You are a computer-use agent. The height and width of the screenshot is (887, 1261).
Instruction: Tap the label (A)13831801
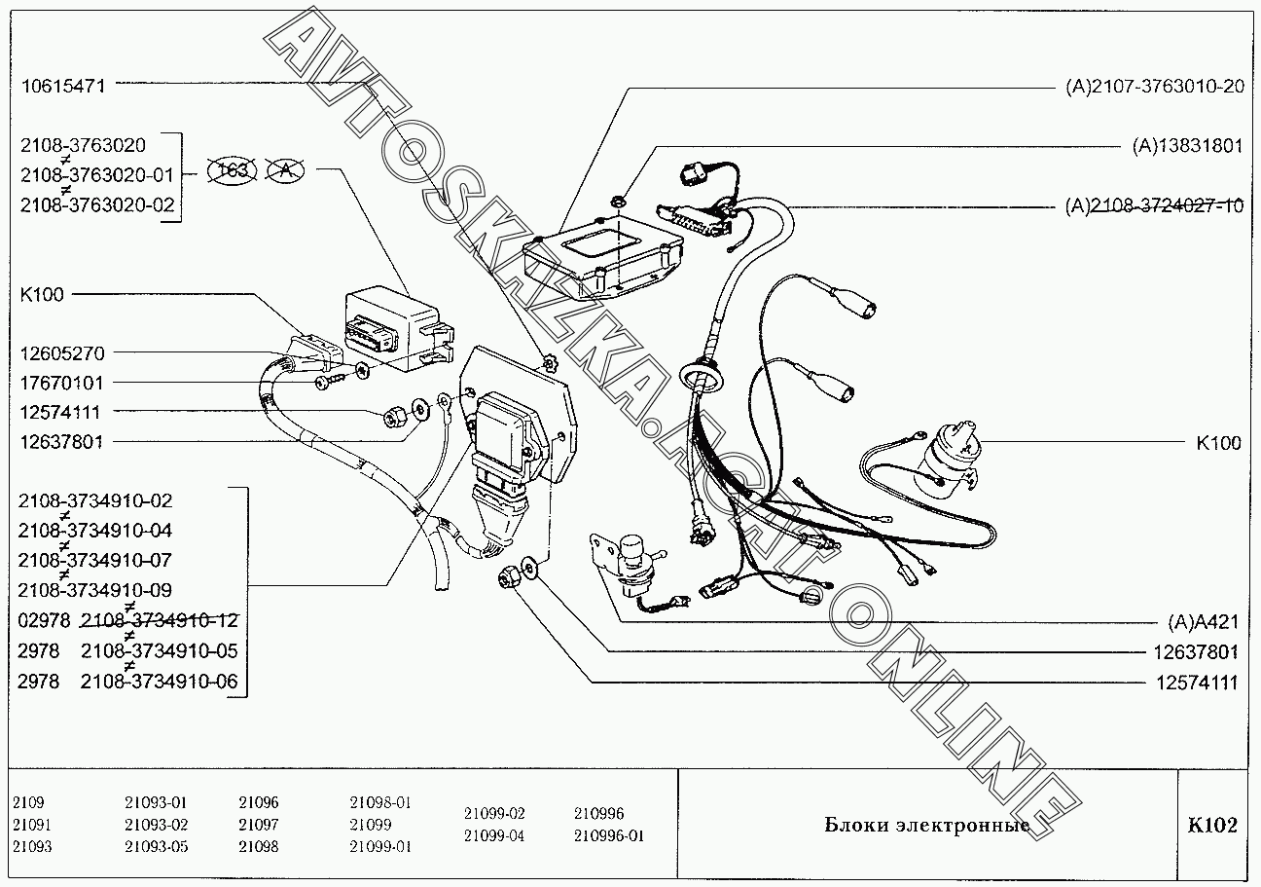[x=1187, y=146]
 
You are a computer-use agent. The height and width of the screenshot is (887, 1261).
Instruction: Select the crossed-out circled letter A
[x=286, y=170]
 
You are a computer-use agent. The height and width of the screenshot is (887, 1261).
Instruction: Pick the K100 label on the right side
[x=1218, y=443]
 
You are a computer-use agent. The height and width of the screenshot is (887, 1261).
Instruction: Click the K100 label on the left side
[x=41, y=294]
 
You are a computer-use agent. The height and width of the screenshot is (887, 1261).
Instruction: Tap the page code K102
[x=1212, y=826]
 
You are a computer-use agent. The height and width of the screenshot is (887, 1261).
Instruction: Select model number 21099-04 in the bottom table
[x=494, y=835]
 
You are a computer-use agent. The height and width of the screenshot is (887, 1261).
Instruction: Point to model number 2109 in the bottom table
[x=29, y=803]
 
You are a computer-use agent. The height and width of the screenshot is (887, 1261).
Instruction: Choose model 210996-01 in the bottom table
[x=609, y=835]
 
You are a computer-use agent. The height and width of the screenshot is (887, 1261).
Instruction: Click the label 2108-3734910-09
[x=95, y=590]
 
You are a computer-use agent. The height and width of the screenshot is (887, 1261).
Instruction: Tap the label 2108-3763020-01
[x=95, y=175]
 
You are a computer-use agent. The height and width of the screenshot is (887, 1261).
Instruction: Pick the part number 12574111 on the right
[x=1197, y=683]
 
